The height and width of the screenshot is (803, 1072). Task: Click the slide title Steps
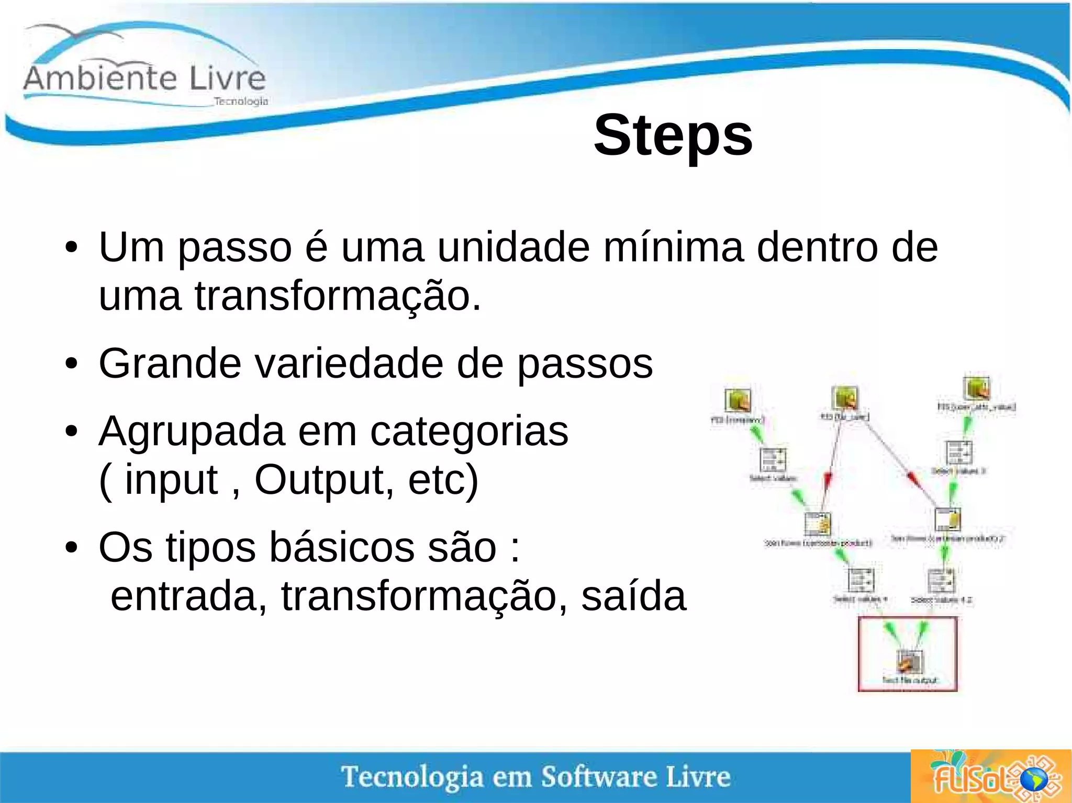click(673, 135)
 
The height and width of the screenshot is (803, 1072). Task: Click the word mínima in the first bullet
click(673, 247)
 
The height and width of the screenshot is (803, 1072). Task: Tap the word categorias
click(469, 432)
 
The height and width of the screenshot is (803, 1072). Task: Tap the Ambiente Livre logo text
click(144, 78)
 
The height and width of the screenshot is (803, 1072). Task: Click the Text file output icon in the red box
click(910, 662)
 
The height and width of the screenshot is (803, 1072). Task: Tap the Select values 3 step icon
click(958, 453)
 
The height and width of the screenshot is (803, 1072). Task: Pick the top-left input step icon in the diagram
click(738, 401)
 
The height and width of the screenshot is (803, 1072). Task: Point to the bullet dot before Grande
click(72, 364)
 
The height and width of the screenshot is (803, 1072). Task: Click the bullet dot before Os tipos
click(72, 548)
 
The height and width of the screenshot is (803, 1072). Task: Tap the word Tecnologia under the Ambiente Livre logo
click(241, 101)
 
